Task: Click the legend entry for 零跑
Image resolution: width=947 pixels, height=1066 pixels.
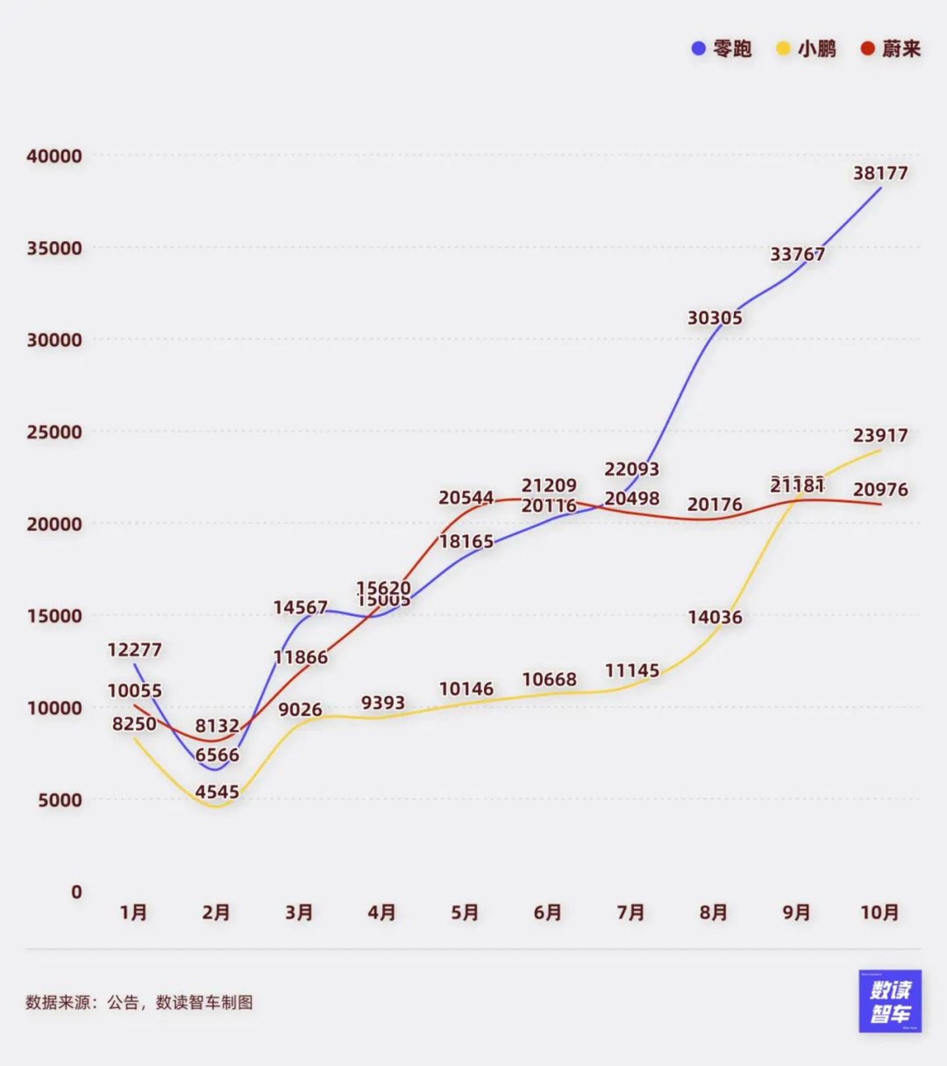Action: (722, 49)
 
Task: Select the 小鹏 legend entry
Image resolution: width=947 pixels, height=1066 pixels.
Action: (807, 49)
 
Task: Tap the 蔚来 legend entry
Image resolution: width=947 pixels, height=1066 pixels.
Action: (891, 49)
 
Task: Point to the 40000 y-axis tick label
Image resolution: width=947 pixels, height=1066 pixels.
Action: (55, 157)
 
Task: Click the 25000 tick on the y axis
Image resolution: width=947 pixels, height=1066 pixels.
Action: (55, 432)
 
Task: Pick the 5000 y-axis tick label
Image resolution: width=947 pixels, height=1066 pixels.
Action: (60, 800)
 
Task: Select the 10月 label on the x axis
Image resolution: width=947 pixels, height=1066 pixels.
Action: (880, 913)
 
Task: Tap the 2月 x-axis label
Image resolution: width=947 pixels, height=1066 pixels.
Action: (216, 913)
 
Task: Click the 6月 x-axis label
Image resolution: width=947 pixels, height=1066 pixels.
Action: (548, 913)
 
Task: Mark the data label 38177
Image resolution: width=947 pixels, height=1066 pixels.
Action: (881, 173)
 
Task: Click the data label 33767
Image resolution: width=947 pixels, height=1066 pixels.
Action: (798, 254)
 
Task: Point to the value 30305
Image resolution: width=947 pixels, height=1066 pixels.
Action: (715, 318)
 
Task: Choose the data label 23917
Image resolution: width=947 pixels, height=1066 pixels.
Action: (881, 436)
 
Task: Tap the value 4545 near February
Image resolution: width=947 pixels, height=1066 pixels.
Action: (217, 792)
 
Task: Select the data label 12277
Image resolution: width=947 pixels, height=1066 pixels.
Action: (135, 650)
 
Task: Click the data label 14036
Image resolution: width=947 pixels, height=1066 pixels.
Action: (715, 617)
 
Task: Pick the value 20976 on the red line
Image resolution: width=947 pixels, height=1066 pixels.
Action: (881, 490)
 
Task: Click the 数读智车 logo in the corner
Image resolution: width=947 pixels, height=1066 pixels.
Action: (890, 1001)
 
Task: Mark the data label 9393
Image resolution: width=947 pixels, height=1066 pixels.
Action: (383, 703)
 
